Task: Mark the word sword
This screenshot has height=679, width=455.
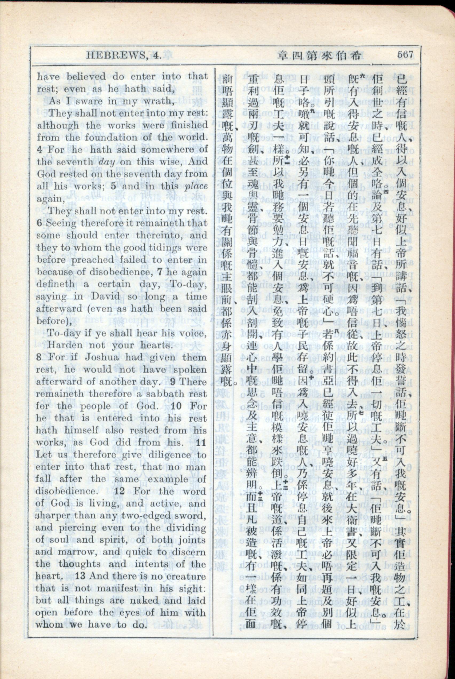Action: click(x=191, y=516)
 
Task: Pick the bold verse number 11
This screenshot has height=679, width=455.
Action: click(x=201, y=443)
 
